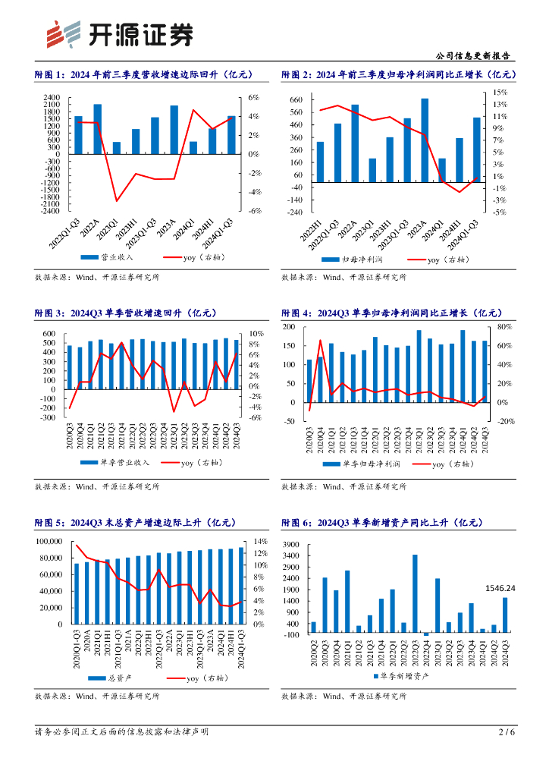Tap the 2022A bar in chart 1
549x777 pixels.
(x=97, y=129)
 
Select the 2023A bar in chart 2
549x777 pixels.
(x=425, y=140)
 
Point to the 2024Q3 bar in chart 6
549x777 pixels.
(x=505, y=615)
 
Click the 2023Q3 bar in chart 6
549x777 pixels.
(x=415, y=594)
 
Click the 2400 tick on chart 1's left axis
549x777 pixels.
(x=52, y=98)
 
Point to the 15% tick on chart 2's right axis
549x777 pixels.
(x=500, y=92)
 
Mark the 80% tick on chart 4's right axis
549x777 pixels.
(x=505, y=327)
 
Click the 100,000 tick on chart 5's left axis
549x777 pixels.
(x=48, y=541)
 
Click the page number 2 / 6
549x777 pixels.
(x=507, y=732)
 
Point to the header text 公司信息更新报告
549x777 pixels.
(x=475, y=56)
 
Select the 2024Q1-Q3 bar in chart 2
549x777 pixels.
(x=476, y=149)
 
